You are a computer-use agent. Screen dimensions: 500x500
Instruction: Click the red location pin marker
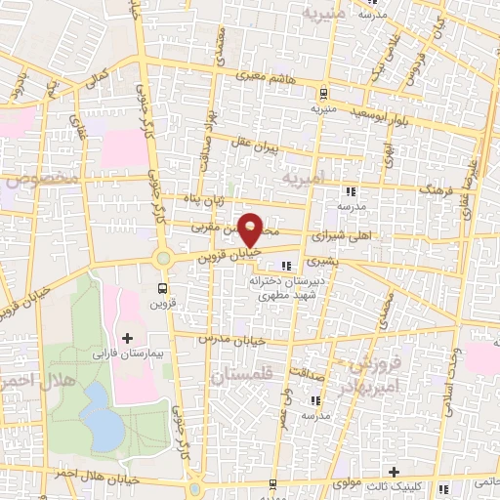pyautogui.click(x=251, y=229)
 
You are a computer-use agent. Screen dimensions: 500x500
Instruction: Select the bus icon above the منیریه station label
pyautogui.click(x=321, y=94)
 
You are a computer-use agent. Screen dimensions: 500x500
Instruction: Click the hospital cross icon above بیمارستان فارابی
pyautogui.click(x=128, y=336)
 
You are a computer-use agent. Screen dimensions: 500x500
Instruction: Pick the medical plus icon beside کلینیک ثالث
pyautogui.click(x=395, y=471)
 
